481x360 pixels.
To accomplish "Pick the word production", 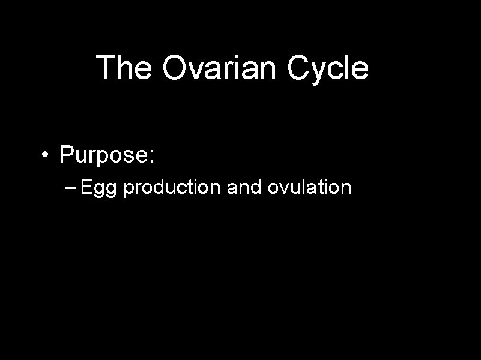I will pyautogui.click(x=174, y=188).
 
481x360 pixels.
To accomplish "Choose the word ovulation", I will pyautogui.click(x=309, y=188).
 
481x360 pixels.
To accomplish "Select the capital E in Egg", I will pyautogui.click(x=86, y=187).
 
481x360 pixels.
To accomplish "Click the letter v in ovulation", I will pyautogui.click(x=280, y=190).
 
